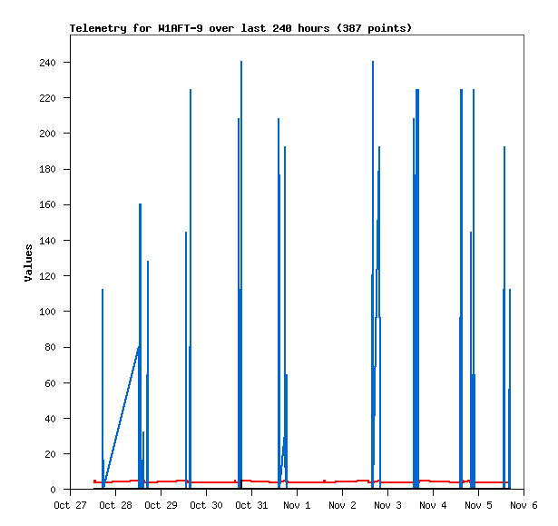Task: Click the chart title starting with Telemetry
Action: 240,28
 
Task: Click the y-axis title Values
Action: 28,263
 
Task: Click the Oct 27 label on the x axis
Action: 70,505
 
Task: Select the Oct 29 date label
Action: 161,505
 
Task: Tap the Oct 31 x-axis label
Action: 251,505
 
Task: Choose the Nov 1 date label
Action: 297,505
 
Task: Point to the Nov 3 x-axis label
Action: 387,505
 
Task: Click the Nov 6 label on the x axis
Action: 524,505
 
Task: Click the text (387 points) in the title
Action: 374,28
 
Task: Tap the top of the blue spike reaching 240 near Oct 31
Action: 241,63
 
